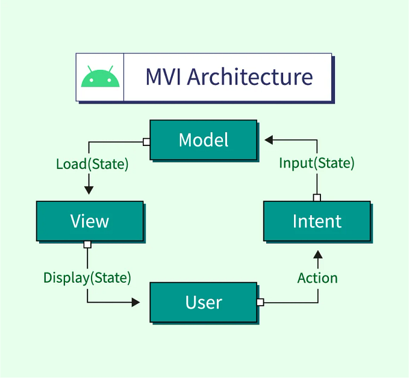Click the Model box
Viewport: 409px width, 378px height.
[x=204, y=140]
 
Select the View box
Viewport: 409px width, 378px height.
[x=90, y=221]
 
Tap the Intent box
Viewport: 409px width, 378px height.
[x=317, y=221]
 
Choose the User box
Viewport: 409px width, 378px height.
[x=204, y=302]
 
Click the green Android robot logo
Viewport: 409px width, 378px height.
[x=100, y=77]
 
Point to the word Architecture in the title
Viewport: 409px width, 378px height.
[x=250, y=77]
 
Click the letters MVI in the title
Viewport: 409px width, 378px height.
[x=163, y=77]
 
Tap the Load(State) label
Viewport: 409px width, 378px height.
[x=92, y=164]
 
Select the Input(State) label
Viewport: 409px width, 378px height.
[x=316, y=163]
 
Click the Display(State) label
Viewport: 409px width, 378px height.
[x=87, y=278]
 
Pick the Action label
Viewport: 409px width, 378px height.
[x=317, y=278]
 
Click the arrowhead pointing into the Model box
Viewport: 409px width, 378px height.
[x=269, y=140]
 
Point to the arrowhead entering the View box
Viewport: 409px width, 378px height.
[x=89, y=190]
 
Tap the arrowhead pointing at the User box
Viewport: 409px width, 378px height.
[x=136, y=302]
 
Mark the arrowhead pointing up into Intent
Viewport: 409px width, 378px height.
[x=317, y=256]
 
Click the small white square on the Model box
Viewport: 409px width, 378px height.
[x=146, y=142]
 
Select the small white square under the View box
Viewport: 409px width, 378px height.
[x=87, y=244]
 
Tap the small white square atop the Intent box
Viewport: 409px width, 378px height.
[x=317, y=198]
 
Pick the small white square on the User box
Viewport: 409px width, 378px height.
[x=260, y=302]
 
